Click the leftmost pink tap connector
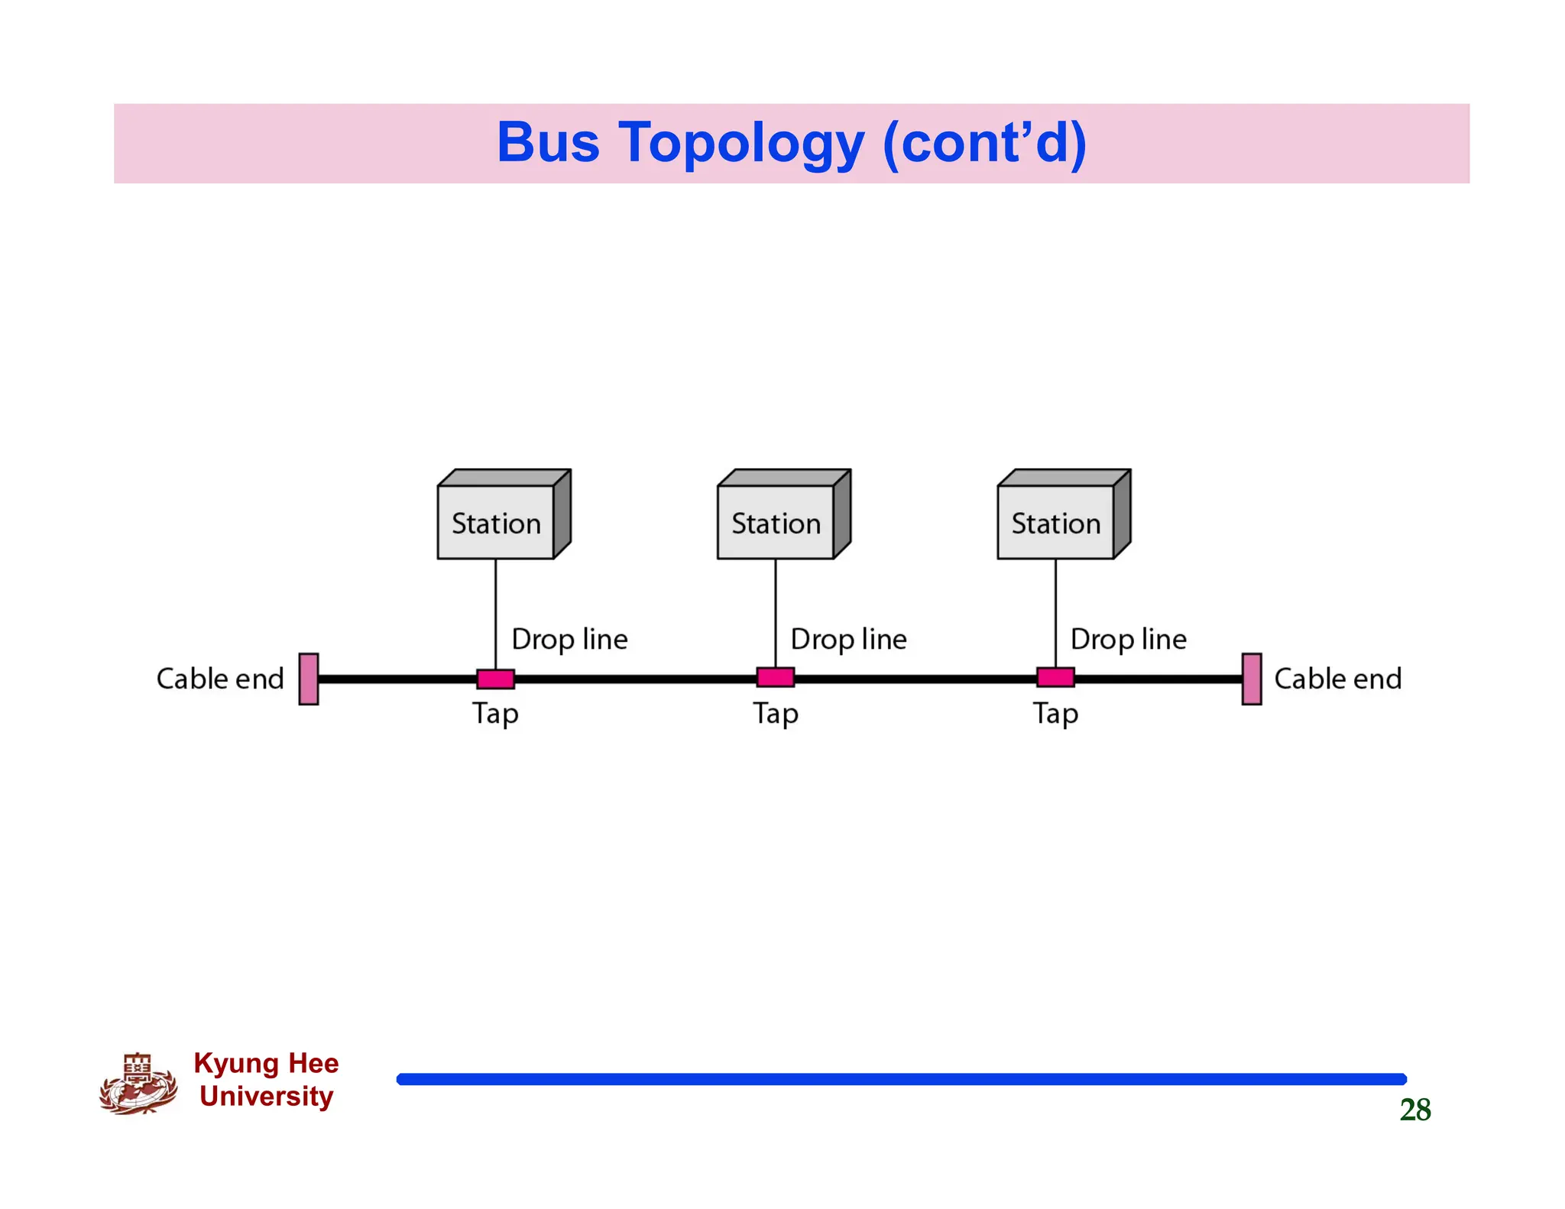click(x=495, y=679)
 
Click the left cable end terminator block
click(x=309, y=679)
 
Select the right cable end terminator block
click(x=1251, y=679)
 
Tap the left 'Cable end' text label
click(x=220, y=679)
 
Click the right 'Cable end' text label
click(x=1337, y=679)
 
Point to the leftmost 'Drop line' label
click(x=569, y=639)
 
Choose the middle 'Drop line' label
click(x=848, y=639)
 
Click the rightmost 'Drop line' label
click(x=1128, y=639)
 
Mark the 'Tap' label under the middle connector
click(x=776, y=714)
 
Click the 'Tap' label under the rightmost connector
click(x=1055, y=714)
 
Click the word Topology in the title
click(x=741, y=144)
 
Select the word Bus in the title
click(x=548, y=142)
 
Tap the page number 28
click(x=1414, y=1110)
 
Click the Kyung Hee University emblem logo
click(x=138, y=1084)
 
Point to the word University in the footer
click(x=266, y=1096)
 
